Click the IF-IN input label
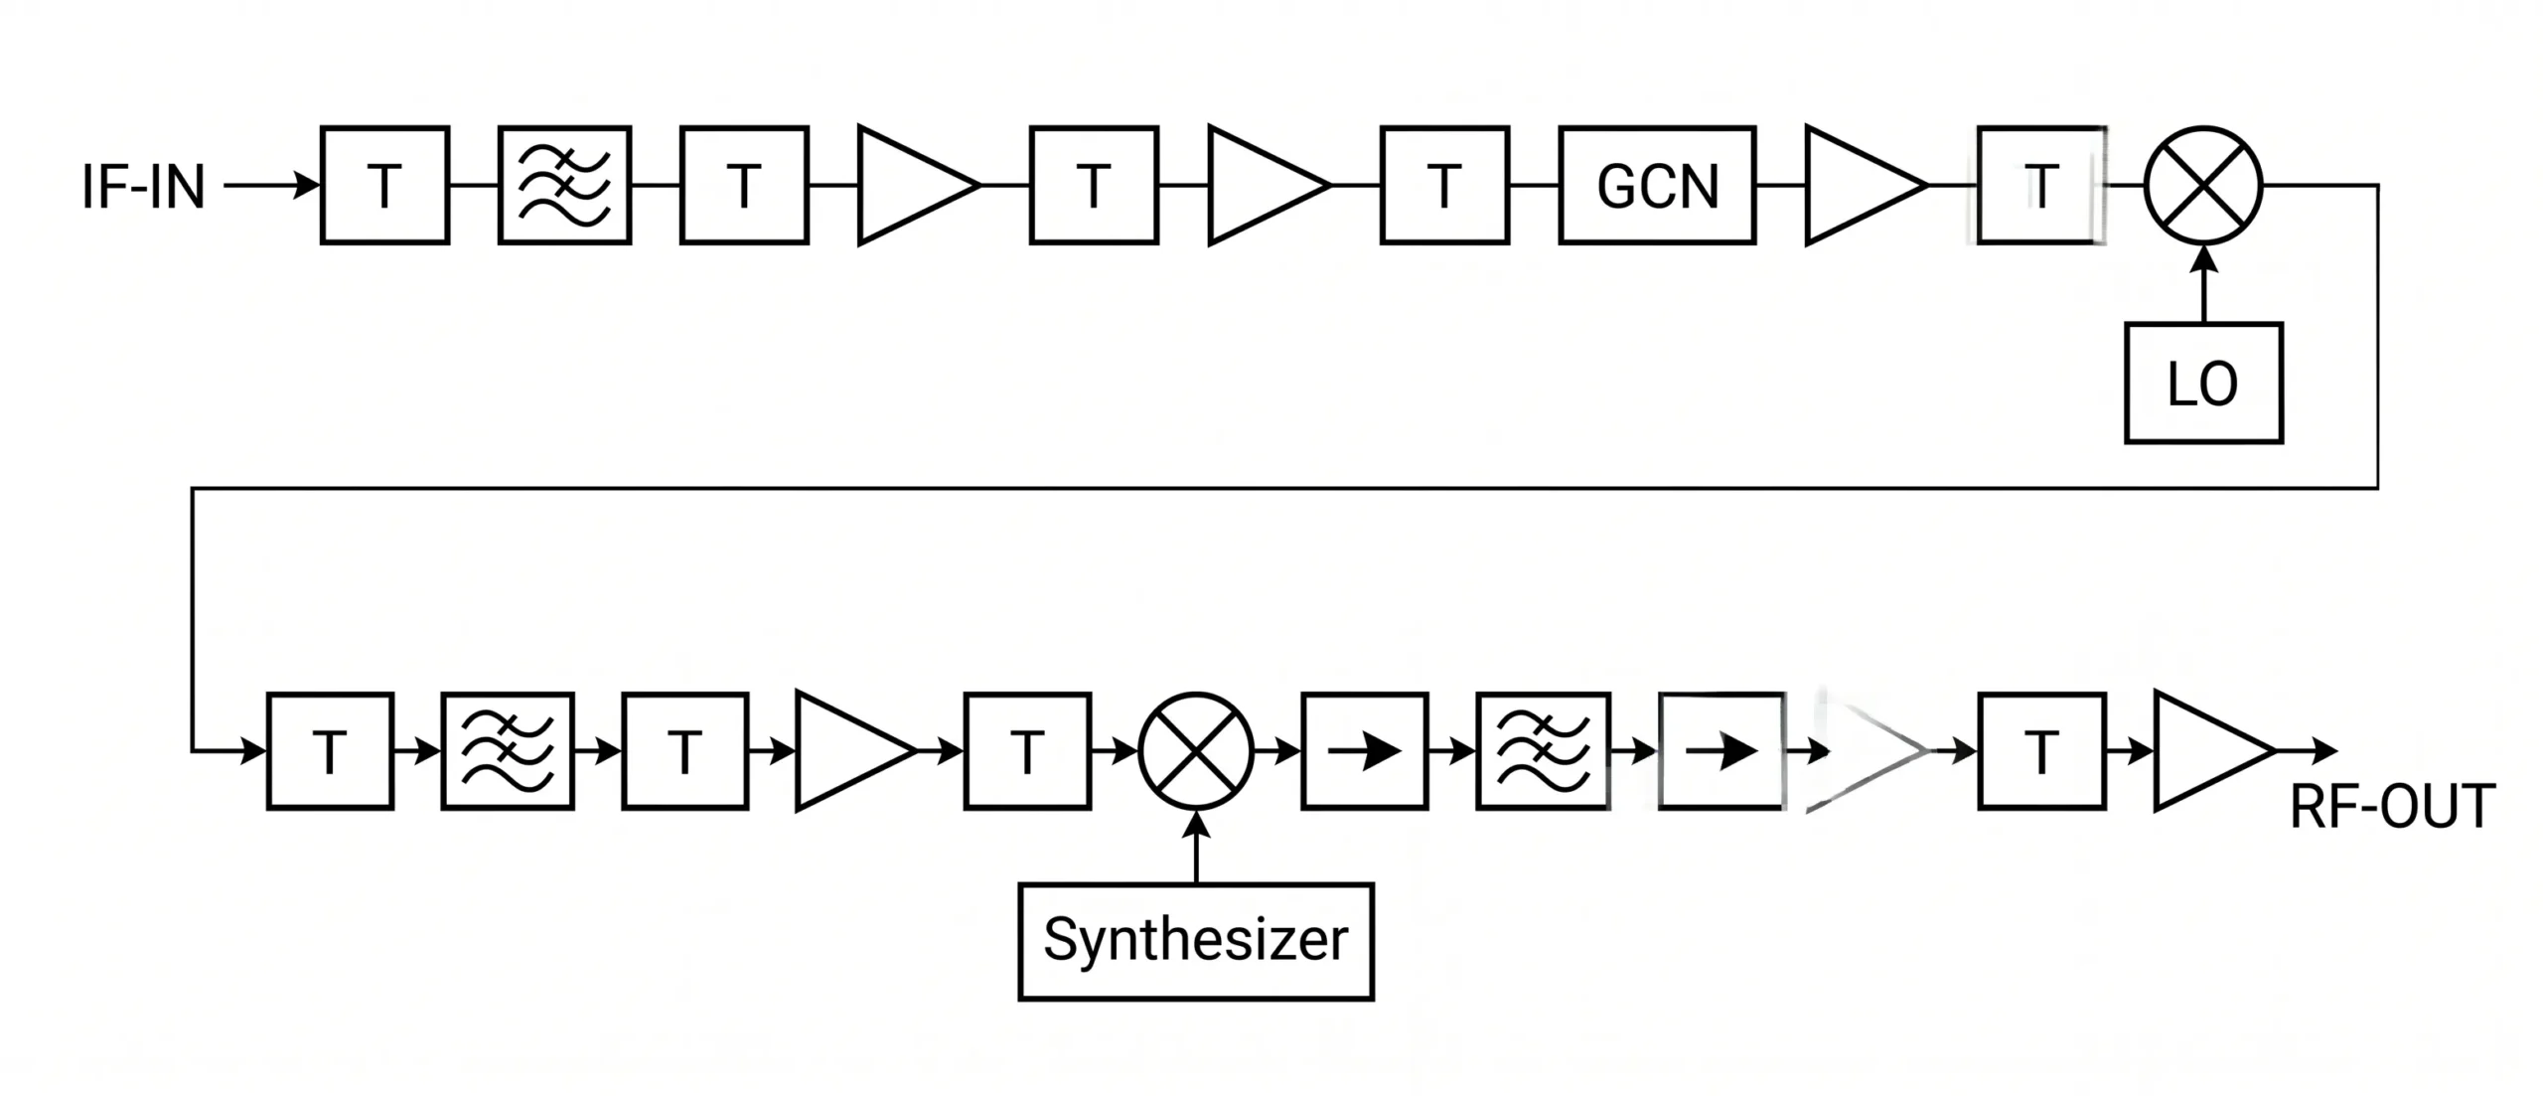click(143, 187)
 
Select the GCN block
click(1657, 185)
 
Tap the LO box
click(2203, 383)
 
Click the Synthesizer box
click(1196, 941)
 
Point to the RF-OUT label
click(2392, 807)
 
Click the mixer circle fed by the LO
click(2203, 186)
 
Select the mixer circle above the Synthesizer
click(1197, 751)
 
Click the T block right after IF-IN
click(384, 185)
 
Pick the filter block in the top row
click(564, 185)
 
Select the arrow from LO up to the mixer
click(2203, 283)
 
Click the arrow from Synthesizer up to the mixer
click(1197, 847)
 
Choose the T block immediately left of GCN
click(1444, 185)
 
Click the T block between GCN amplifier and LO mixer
click(2041, 185)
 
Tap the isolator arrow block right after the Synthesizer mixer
click(1365, 751)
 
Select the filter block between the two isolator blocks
click(1543, 751)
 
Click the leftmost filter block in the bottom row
click(508, 751)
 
